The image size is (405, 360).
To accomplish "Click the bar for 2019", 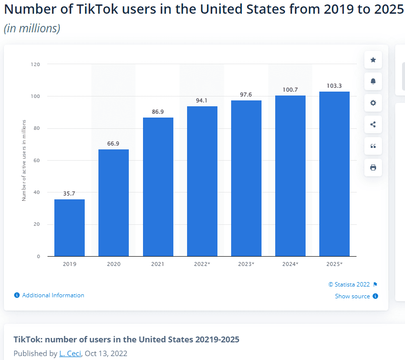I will [x=69, y=228].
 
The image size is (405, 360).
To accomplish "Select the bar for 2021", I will [x=158, y=187].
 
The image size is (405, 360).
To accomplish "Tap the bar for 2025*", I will [x=334, y=174].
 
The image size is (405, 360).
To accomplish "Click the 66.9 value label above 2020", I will [x=114, y=144].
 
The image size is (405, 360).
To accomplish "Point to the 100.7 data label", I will [x=290, y=90].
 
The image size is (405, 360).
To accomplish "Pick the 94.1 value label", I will [x=202, y=100].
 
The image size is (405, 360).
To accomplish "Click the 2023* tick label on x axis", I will [x=246, y=264].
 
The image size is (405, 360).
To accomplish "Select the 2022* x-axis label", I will [x=202, y=264].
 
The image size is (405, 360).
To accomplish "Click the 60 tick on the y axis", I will [x=37, y=160].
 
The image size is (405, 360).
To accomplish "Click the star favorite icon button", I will [x=373, y=60].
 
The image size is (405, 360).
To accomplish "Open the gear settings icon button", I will [x=373, y=103].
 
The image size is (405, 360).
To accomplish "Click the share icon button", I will [x=373, y=124].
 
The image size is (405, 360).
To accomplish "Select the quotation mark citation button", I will [x=373, y=146].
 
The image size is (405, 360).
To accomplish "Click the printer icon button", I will [x=373, y=168].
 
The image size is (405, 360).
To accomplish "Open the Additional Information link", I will [x=53, y=295].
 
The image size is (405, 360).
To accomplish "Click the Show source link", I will [x=352, y=296].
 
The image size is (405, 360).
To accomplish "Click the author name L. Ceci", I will [x=70, y=353].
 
